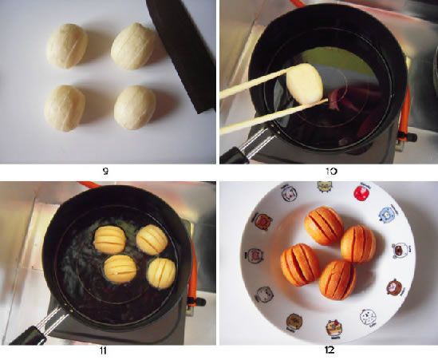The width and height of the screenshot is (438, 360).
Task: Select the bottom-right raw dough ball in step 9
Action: click(x=134, y=107)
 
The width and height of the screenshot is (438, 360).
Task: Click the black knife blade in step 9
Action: click(x=181, y=44)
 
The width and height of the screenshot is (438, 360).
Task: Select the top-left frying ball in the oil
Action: click(x=108, y=238)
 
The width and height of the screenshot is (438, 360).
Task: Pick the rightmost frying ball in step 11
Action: click(x=161, y=273)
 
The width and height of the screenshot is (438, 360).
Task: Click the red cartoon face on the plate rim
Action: click(x=255, y=257)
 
